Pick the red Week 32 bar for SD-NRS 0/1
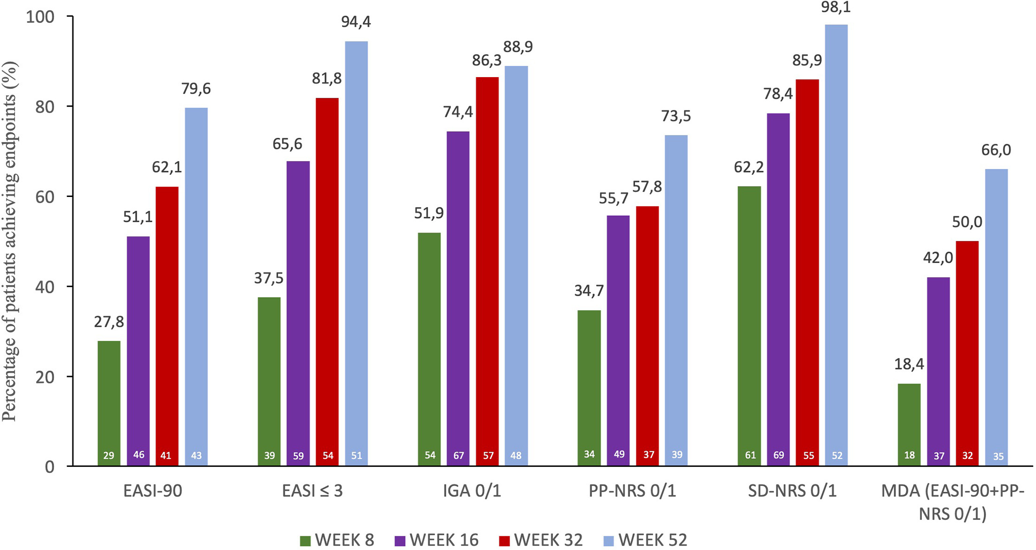point(807,273)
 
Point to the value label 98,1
point(836,7)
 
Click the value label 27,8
point(109,322)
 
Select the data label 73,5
point(676,116)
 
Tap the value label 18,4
point(909,364)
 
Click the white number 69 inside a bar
point(779,455)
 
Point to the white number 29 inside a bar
point(109,455)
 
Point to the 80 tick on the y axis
point(45,107)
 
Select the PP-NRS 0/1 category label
point(632,491)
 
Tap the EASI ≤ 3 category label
point(312,491)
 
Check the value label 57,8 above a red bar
point(647,187)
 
